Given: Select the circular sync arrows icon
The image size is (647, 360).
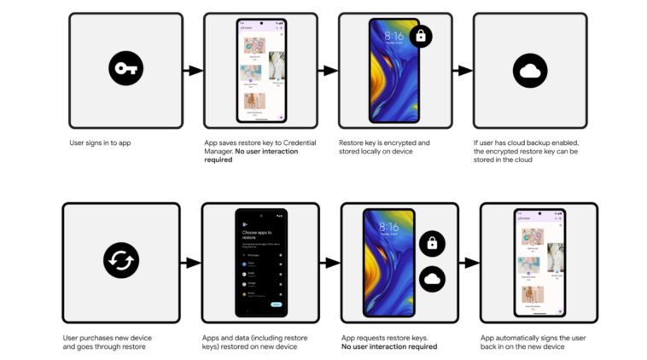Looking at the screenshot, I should pos(120,260).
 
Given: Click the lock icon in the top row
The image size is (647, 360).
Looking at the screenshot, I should pos(420,37).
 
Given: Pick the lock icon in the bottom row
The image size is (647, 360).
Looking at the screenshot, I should pos(432,243).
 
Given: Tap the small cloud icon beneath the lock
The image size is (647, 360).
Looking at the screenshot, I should pos(432,279).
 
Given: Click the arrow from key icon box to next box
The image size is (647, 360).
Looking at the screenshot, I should pos(194,71).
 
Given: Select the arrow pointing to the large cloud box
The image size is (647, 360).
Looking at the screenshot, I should pos(464,71).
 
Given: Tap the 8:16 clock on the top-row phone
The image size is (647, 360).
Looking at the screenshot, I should pos(393,37).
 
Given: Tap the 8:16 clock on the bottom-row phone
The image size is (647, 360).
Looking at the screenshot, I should pos(388,228).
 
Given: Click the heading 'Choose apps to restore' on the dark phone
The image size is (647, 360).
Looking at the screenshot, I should pos(259,235).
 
